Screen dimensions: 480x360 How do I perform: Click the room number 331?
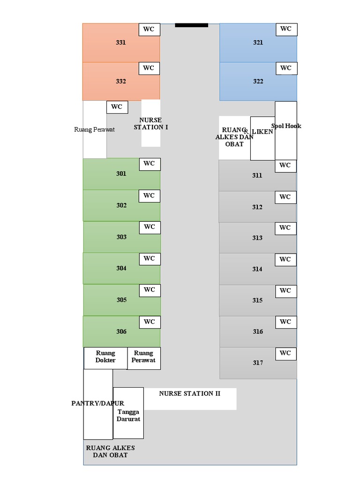pos(121,43)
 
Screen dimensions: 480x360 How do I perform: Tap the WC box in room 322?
pos(286,68)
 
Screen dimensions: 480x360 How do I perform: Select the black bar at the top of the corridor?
pos(191,25)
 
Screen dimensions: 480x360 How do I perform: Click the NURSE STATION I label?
pos(150,124)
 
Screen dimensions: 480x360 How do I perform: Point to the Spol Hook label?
pos(286,126)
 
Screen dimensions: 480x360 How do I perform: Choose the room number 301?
pos(121,174)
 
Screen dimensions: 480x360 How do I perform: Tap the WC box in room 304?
pos(150,258)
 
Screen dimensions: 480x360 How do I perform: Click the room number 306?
pos(121,332)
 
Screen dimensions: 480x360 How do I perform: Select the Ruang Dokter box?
pos(105,357)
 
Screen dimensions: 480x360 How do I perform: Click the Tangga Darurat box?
pos(128,415)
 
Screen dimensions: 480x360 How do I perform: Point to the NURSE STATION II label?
pos(189,394)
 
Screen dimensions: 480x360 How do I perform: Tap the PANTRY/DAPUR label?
pos(97,403)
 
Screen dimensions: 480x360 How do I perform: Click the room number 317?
pos(258,363)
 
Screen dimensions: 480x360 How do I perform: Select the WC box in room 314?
pos(285,259)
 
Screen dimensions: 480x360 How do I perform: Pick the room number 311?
pos(257,176)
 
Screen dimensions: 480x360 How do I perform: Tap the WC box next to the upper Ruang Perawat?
pos(117,107)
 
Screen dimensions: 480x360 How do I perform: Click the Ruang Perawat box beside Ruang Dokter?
pos(143,357)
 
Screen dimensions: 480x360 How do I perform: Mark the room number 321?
pos(258,43)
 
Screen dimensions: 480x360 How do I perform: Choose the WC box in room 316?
pos(285,322)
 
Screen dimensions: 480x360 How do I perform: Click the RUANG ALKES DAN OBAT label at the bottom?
pos(111,451)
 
